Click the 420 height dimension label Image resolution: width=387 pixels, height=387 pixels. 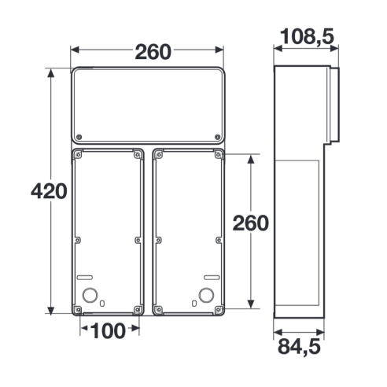tap(49, 191)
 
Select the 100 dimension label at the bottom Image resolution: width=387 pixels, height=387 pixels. tap(108, 330)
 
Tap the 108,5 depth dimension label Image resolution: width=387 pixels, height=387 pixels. tap(307, 37)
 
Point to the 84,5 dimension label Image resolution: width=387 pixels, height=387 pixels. tap(299, 347)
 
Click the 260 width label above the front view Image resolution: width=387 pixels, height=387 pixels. tap(153, 52)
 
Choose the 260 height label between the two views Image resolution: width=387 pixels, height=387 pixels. tap(251, 223)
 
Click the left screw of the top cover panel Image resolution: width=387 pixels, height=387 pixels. tap(79, 137)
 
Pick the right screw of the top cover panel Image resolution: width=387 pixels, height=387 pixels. tap(217, 137)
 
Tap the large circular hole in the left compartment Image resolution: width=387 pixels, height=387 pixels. tap(90, 295)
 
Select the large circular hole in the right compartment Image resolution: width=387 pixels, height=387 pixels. tap(206, 295)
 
